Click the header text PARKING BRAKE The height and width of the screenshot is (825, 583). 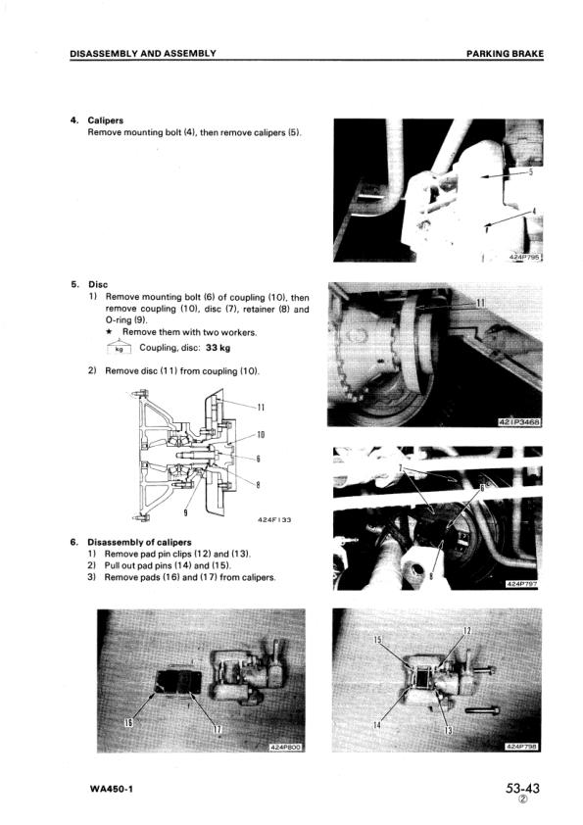[505, 53]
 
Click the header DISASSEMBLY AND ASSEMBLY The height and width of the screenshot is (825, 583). [143, 53]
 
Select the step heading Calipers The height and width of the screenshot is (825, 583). [105, 121]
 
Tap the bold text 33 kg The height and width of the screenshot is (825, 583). [218, 348]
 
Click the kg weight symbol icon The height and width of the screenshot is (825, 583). [119, 347]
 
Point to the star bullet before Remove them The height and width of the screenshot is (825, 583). [109, 332]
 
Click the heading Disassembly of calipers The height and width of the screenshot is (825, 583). [139, 542]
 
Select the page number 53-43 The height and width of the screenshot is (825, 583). [522, 788]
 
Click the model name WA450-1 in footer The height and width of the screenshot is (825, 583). [112, 789]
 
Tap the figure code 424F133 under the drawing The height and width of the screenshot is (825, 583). [274, 520]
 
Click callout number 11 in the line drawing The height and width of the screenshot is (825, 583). [261, 408]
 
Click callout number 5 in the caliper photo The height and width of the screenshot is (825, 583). [531, 171]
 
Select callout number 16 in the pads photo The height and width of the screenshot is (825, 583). [126, 722]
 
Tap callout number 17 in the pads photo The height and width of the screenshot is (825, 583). [218, 729]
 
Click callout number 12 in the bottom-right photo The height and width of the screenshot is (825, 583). [466, 631]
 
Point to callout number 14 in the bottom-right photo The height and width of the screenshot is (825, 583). [376, 725]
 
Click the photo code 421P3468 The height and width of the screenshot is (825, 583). [519, 422]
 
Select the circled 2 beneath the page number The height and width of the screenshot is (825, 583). [522, 800]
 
